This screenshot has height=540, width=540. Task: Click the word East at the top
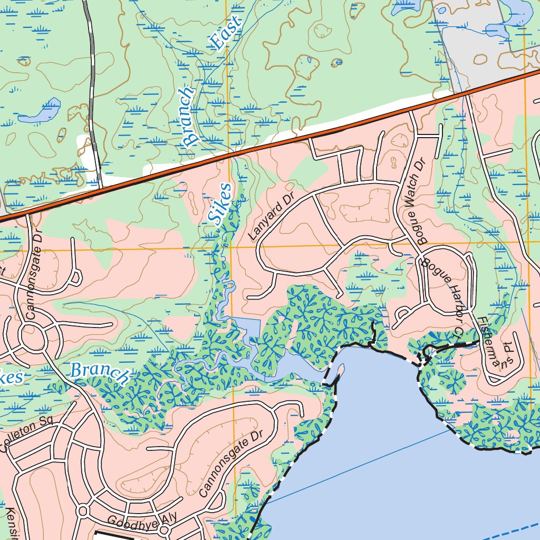pyautogui.click(x=225, y=33)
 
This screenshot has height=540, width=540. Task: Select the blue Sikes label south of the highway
pyautogui.click(x=221, y=205)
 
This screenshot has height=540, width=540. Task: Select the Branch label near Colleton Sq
pyautogui.click(x=100, y=373)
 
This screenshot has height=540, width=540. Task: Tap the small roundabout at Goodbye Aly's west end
pyautogui.click(x=83, y=510)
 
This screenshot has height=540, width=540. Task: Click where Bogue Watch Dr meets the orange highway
pyautogui.click(x=409, y=110)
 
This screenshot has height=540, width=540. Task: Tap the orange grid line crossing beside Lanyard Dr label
pyautogui.click(x=229, y=246)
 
